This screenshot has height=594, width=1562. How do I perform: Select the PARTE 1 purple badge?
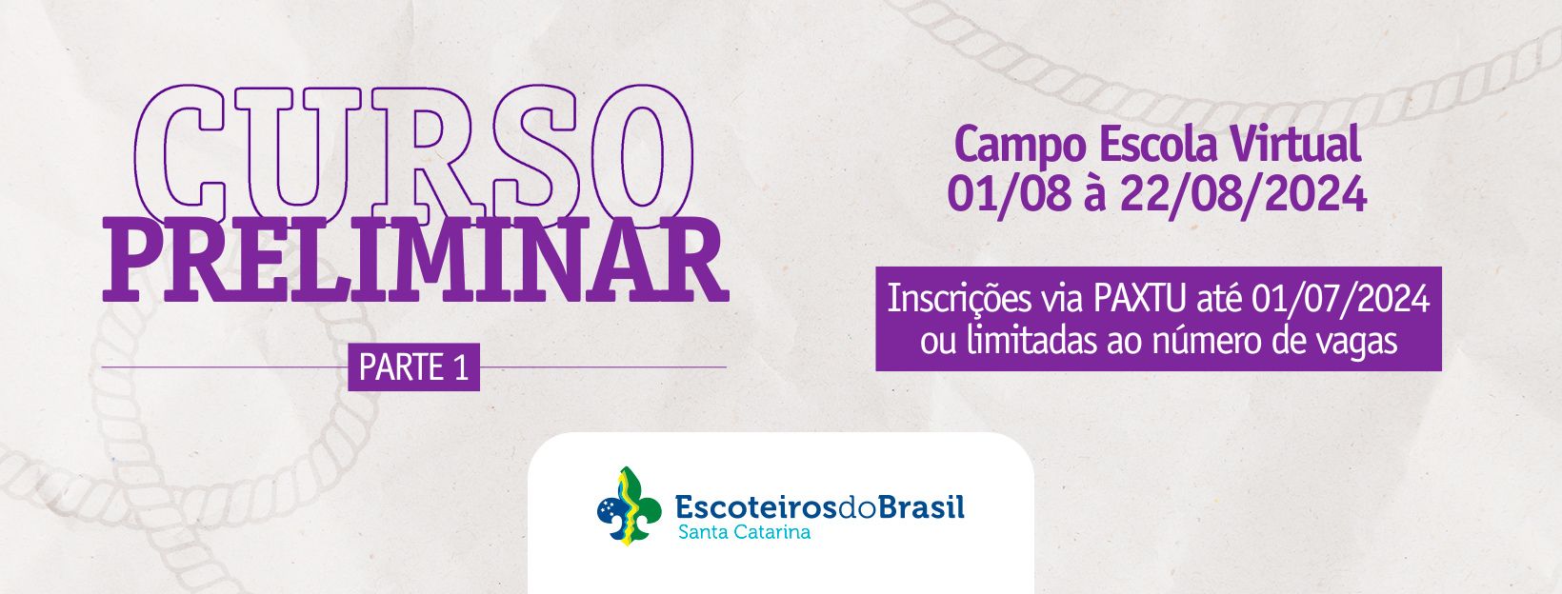pyautogui.click(x=413, y=367)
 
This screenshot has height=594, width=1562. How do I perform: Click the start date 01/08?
pyautogui.click(x=1009, y=194)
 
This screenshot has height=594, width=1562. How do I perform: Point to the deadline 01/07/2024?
pyautogui.click(x=1340, y=300)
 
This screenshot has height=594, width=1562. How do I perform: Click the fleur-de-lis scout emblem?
pyautogui.click(x=629, y=505)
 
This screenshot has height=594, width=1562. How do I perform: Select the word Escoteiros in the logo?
pyautogui.click(x=755, y=506)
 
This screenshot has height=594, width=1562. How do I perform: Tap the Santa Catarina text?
pyautogui.click(x=744, y=533)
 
